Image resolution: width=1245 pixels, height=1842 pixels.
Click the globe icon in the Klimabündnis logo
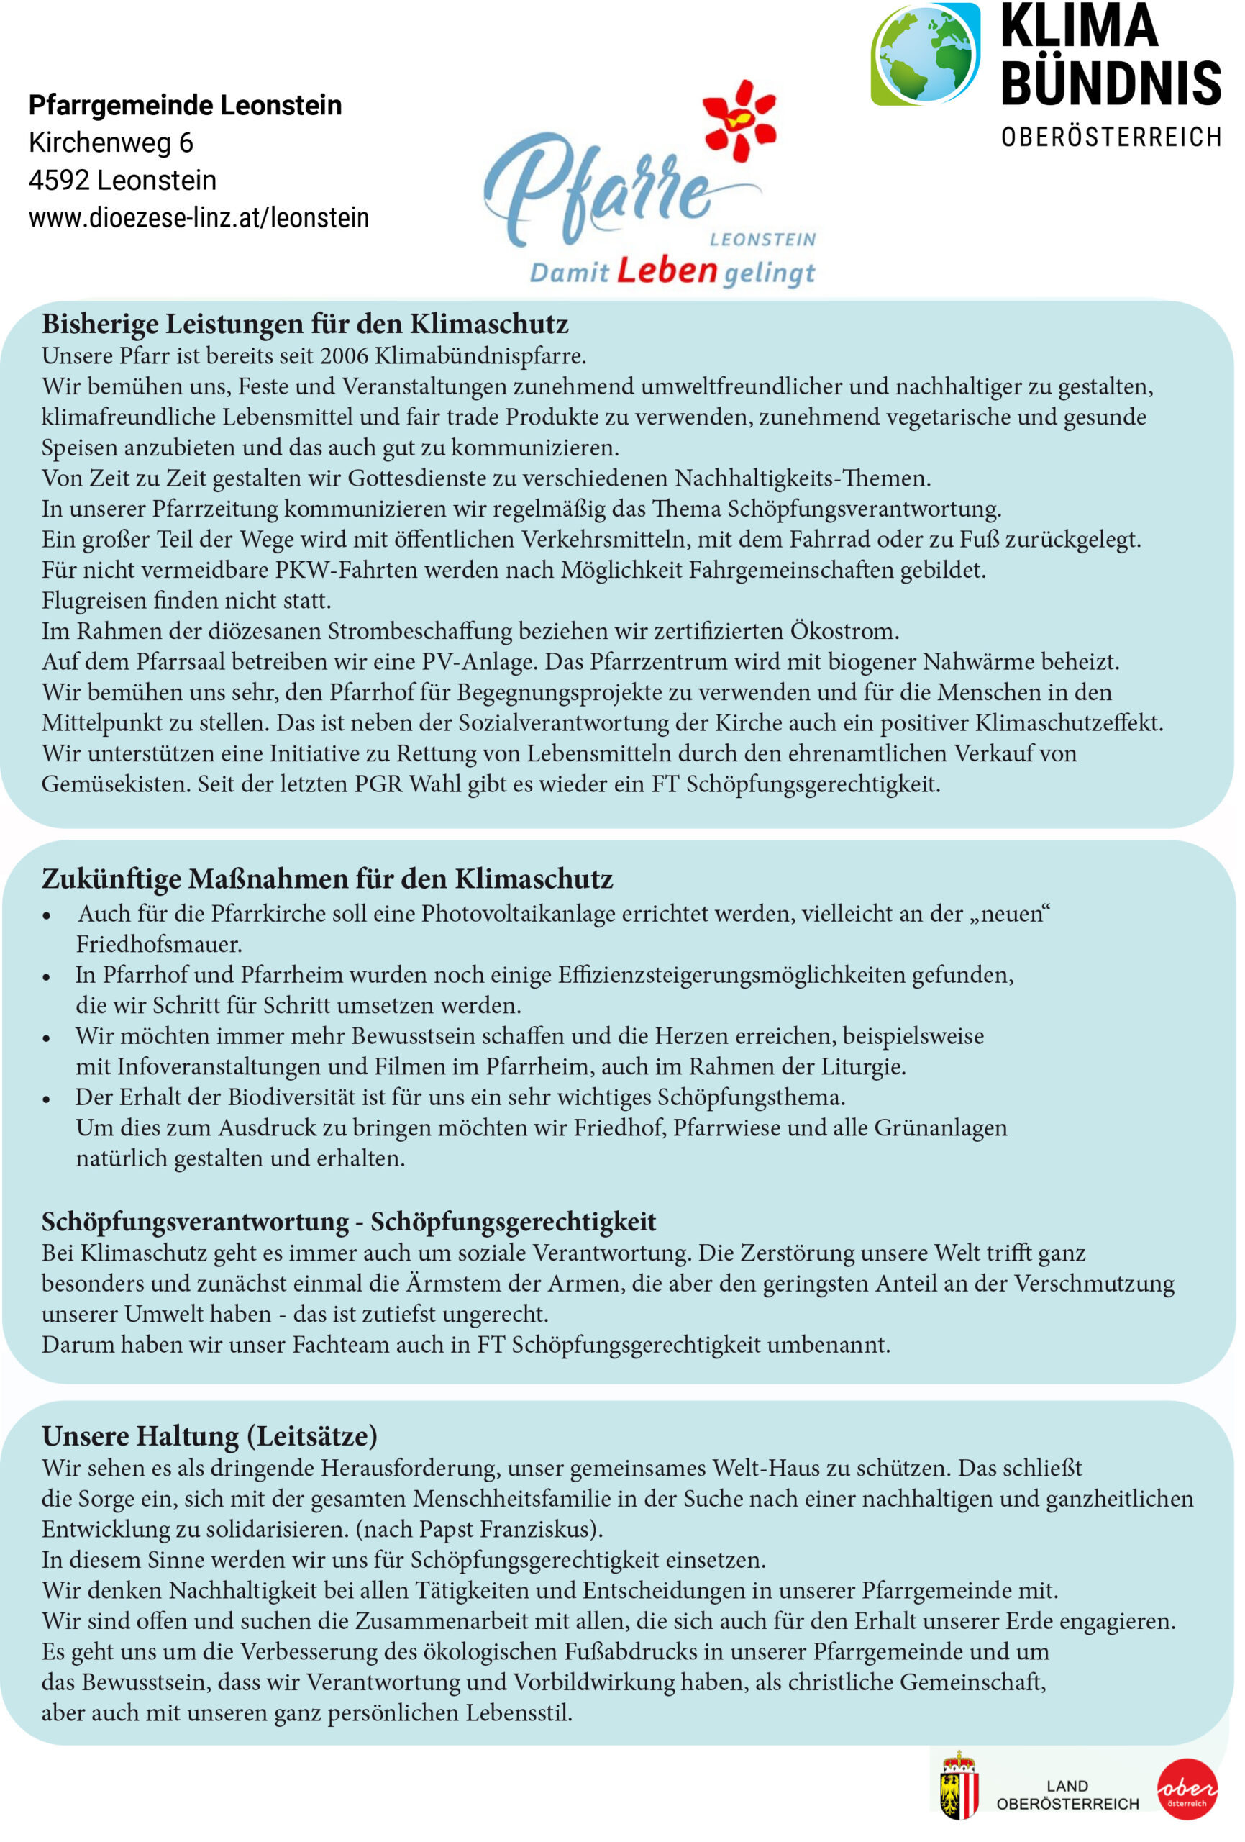click(x=924, y=54)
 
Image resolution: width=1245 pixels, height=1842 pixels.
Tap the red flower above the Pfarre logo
click(x=739, y=119)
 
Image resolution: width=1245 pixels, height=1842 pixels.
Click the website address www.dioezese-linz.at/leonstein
click(x=199, y=217)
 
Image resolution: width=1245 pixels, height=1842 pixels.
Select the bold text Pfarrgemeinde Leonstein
click(x=186, y=104)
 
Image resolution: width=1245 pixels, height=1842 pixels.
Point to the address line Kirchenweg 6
click(x=111, y=142)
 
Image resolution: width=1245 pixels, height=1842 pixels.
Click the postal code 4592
click(x=59, y=181)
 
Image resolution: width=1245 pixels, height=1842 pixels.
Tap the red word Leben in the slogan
click(x=667, y=271)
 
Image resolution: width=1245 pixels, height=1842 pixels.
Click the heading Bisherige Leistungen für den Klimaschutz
click(x=305, y=325)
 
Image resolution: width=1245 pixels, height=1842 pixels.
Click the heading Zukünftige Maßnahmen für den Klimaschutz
click(x=327, y=879)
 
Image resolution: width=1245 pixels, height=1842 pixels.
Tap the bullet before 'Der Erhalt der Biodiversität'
click(x=47, y=1099)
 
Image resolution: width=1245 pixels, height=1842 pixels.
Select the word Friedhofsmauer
click(x=158, y=944)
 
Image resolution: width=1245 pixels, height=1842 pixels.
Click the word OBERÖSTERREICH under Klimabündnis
click(x=1111, y=137)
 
